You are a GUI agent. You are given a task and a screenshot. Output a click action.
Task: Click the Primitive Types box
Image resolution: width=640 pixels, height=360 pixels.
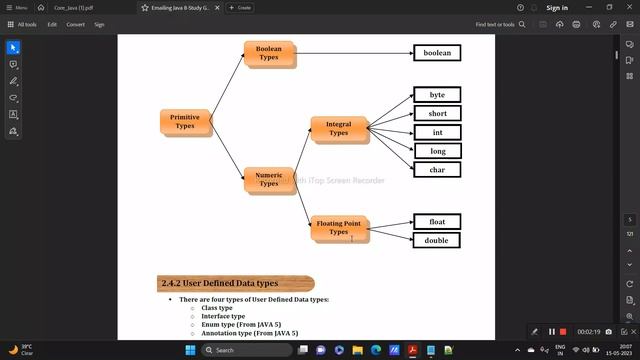[185, 122]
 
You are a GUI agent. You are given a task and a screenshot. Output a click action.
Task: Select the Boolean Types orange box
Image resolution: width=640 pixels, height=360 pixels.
[269, 54]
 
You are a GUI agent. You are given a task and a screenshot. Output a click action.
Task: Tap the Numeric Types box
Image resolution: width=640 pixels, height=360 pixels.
[269, 180]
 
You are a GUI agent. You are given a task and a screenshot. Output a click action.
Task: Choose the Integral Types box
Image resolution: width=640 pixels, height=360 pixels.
[339, 128]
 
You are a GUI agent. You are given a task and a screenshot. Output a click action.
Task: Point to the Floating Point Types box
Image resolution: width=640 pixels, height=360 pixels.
[339, 228]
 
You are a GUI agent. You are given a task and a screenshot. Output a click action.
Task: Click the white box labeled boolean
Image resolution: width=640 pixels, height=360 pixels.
[437, 53]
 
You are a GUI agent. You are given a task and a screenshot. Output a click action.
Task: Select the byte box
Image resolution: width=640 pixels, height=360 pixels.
[437, 95]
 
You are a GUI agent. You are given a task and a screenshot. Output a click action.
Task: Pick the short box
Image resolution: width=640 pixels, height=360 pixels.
[437, 114]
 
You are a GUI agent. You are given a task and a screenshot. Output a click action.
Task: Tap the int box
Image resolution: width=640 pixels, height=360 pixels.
[437, 132]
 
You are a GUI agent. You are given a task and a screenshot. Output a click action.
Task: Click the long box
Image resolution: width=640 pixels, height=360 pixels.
[437, 151]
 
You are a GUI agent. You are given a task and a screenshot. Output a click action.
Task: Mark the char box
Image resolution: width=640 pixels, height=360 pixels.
[437, 170]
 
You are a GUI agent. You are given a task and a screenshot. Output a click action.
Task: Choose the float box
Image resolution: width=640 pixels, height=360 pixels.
[437, 222]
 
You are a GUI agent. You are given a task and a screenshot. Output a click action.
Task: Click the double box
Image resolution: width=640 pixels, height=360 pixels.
[437, 240]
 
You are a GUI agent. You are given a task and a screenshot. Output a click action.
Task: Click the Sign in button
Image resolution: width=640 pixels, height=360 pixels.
[557, 7]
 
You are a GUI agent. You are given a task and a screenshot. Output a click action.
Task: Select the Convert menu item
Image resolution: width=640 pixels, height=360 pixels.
[76, 24]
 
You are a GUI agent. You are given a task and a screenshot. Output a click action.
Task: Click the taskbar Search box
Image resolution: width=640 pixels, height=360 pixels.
[248, 350]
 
